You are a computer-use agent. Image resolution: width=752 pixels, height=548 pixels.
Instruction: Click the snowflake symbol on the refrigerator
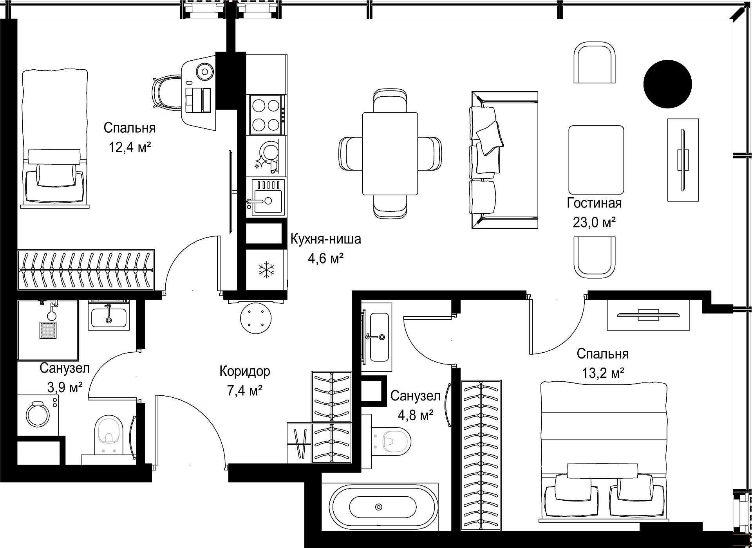[x=266, y=270]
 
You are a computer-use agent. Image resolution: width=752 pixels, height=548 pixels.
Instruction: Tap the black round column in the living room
[x=668, y=84]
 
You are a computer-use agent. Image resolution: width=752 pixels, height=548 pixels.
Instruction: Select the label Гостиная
[x=594, y=204]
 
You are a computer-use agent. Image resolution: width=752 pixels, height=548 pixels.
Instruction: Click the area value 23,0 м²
[x=595, y=223]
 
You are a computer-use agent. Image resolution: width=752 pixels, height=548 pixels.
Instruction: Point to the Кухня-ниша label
[x=325, y=239]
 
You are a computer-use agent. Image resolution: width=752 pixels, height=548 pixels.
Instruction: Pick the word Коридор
[x=245, y=371]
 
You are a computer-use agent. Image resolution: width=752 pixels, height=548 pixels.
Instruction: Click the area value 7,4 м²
[x=245, y=390]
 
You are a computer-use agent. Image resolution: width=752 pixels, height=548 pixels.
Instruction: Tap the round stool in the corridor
[x=256, y=319]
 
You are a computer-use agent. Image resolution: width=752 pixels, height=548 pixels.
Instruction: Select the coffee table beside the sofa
[x=596, y=160]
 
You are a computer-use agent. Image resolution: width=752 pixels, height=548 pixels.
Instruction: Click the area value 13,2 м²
[x=603, y=373]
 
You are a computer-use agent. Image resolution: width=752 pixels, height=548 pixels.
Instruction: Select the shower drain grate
[x=48, y=330]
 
